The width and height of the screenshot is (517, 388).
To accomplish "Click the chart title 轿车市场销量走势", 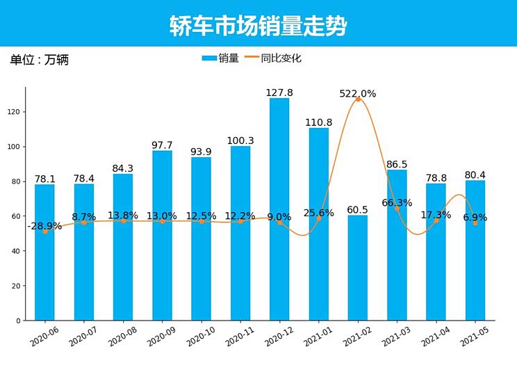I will click(258, 26).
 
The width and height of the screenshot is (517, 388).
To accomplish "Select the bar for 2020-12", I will click(279, 209).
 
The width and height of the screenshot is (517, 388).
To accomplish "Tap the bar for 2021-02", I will click(358, 268).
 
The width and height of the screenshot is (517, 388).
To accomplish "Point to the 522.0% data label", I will click(358, 94).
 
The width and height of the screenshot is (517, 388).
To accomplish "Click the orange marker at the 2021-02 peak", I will click(358, 99).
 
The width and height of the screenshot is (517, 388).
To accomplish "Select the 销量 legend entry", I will click(220, 58).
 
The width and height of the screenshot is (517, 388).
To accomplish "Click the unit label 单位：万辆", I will click(39, 60).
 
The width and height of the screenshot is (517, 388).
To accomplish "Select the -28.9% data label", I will click(44, 226).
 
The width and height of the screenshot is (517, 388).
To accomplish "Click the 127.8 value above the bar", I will click(279, 92).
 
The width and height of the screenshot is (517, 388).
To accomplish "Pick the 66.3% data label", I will click(397, 203).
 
